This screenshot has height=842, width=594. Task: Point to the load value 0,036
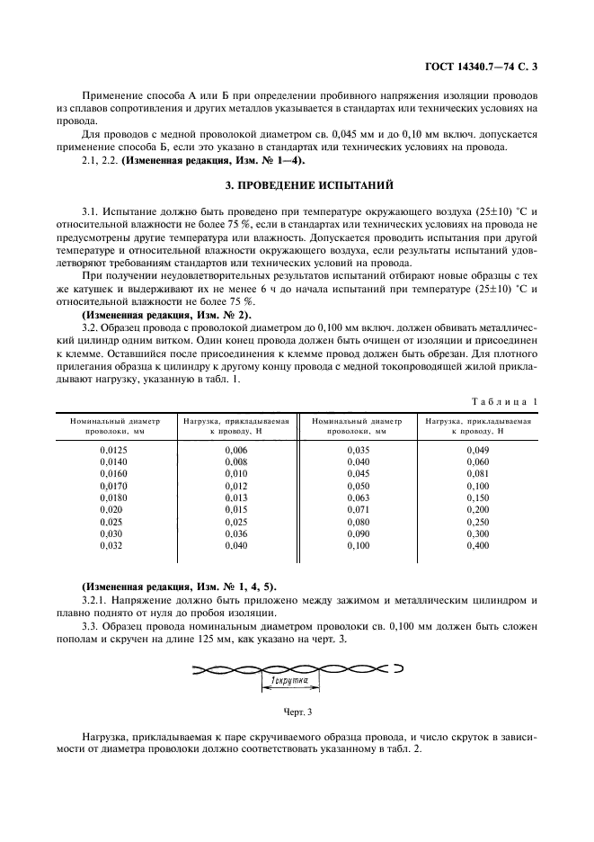click(236, 533)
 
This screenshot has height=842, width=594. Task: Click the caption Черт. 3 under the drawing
click(297, 712)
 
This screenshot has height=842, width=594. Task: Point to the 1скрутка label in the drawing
click(287, 682)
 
